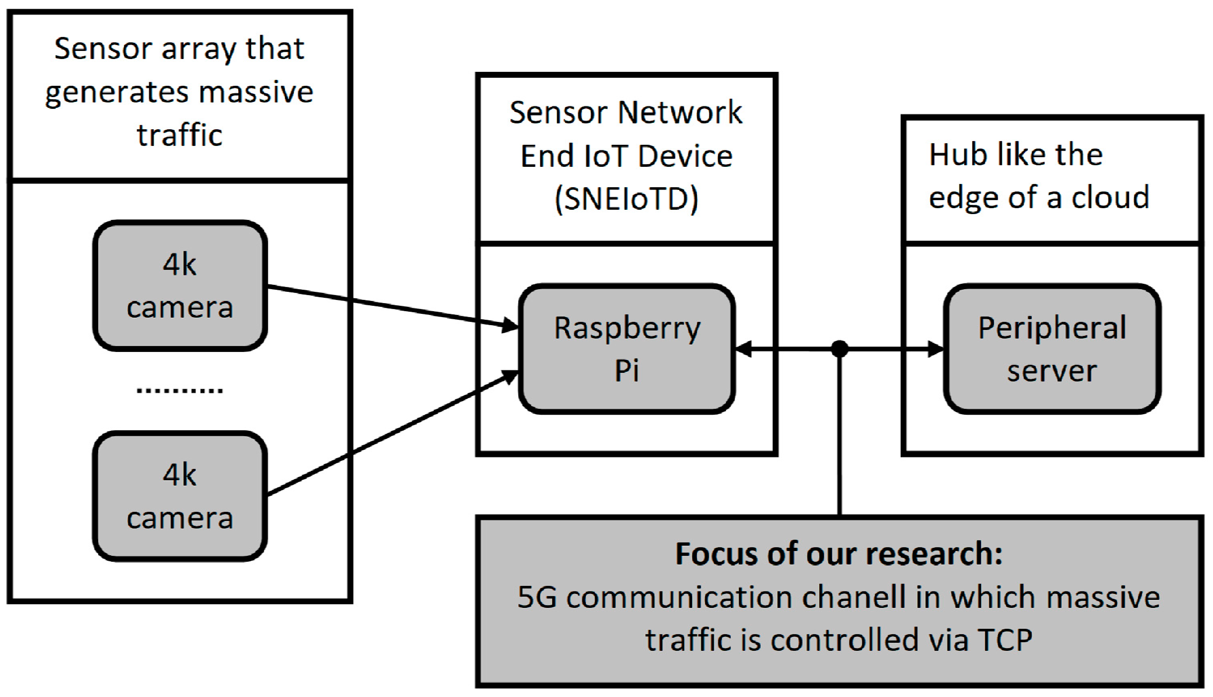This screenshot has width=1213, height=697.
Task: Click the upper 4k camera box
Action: (180, 285)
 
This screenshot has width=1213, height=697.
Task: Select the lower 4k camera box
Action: (180, 496)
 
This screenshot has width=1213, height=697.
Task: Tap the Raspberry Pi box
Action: (627, 349)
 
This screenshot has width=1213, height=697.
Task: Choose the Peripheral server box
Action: (1052, 349)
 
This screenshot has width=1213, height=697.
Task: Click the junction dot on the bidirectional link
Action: (840, 349)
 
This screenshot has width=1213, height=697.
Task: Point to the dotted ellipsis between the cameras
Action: (180, 390)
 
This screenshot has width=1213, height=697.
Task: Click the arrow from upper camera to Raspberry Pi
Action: (393, 306)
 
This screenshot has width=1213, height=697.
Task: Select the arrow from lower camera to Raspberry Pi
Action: (393, 432)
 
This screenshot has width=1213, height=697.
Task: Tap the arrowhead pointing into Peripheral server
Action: (936, 349)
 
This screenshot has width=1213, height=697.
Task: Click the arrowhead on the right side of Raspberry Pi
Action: (744, 349)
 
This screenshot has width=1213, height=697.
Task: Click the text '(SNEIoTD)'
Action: (627, 199)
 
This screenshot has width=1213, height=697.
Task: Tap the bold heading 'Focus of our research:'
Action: (839, 554)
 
